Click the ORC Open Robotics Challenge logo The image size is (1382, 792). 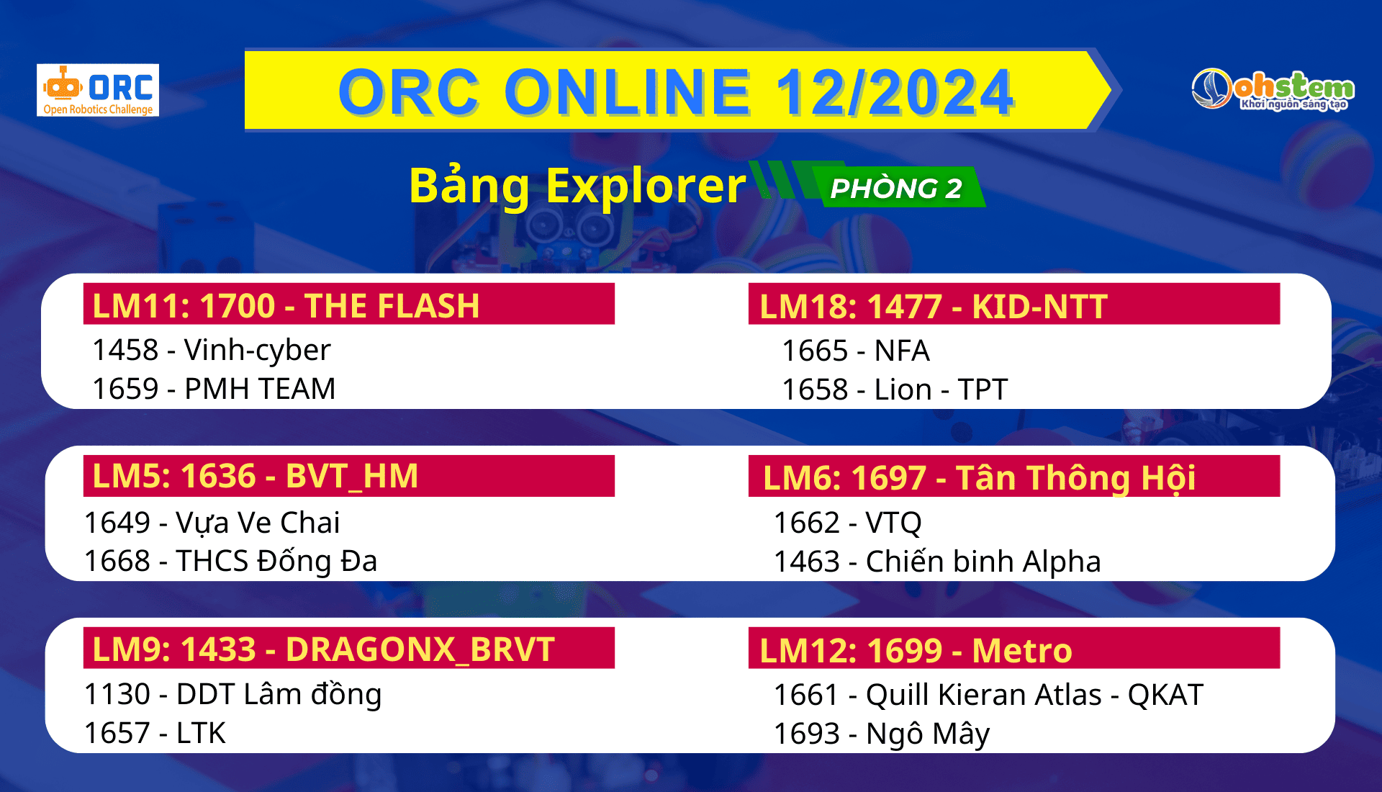click(x=98, y=90)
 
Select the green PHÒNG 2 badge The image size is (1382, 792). click(x=897, y=188)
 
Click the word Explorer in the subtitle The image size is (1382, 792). click(x=646, y=186)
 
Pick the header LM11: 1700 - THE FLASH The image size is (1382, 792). click(x=286, y=305)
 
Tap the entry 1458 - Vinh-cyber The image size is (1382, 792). click(x=211, y=350)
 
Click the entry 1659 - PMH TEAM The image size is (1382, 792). click(x=214, y=389)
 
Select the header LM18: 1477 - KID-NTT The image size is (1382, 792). click(x=933, y=306)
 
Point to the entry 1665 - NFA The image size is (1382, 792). click(x=856, y=351)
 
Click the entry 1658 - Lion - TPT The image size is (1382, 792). click(x=894, y=390)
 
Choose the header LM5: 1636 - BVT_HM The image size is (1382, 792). click(x=256, y=476)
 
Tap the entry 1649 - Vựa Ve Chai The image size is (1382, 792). click(x=212, y=523)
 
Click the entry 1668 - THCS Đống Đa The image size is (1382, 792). click(x=230, y=561)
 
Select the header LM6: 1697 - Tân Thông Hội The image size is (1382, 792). click(x=979, y=477)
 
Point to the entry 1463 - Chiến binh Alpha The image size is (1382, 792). click(x=937, y=562)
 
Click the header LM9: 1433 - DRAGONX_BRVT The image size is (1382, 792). click(x=323, y=649)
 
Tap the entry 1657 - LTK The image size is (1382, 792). click(x=155, y=733)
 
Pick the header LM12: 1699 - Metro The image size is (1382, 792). click(x=916, y=650)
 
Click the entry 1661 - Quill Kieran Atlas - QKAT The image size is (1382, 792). click(x=988, y=695)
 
